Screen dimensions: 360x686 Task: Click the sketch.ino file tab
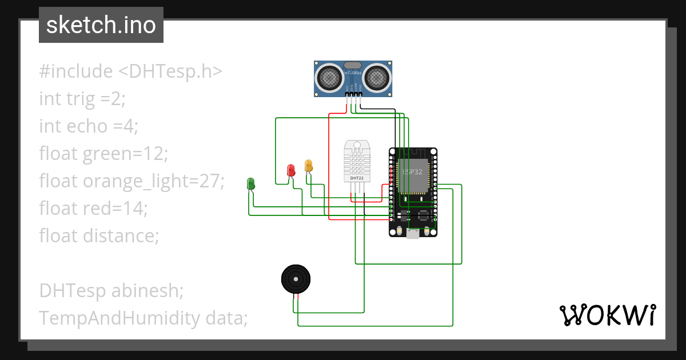(101, 25)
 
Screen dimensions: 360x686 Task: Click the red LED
(290, 170)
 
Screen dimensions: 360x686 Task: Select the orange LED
(309, 166)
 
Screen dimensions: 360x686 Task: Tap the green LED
(250, 183)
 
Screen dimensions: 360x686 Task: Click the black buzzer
(296, 279)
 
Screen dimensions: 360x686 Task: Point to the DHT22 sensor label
(357, 178)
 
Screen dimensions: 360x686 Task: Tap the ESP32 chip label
(413, 171)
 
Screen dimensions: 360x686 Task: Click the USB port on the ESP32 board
(413, 234)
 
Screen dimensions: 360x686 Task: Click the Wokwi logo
(607, 315)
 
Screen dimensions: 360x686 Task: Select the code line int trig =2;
(82, 99)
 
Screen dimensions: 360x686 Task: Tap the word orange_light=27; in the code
(154, 181)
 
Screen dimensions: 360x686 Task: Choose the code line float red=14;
(93, 208)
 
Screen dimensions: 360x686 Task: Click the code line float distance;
(98, 235)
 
